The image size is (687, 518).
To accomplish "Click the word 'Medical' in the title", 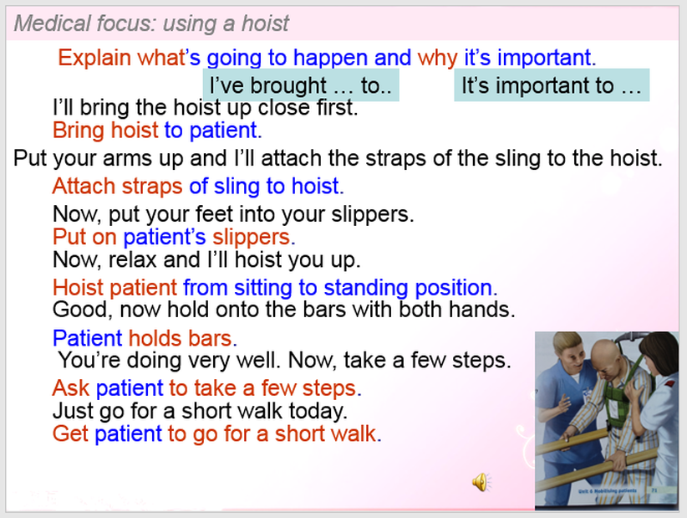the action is click(x=52, y=23).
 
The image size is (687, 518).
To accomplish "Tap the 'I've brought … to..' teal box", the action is click(x=301, y=85).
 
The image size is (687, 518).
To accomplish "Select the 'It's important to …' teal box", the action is click(x=552, y=85).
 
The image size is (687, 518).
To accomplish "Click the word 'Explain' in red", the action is click(x=94, y=58).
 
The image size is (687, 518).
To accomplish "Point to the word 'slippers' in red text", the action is click(x=251, y=238).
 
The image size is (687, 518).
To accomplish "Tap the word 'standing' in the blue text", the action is click(x=366, y=288).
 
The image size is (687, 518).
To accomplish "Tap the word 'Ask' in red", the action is click(x=70, y=388).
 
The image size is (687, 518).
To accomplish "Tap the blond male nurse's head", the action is click(x=568, y=349).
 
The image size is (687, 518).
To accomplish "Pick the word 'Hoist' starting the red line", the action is click(x=78, y=288).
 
